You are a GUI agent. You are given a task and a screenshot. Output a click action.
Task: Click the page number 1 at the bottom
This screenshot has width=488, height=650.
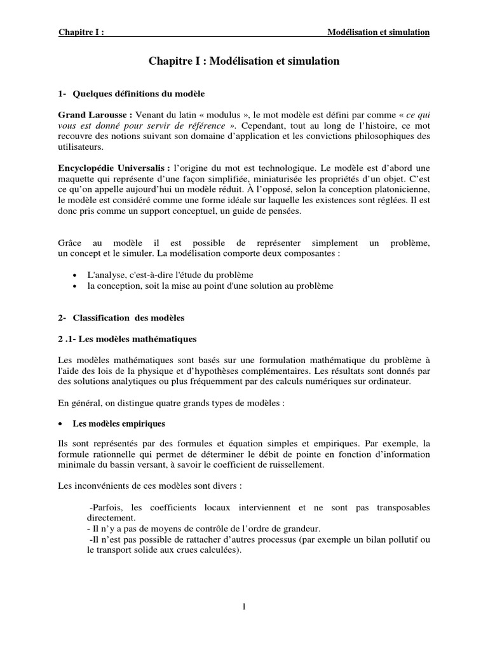point(243,607)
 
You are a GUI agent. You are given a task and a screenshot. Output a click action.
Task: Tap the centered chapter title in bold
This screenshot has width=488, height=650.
point(244,62)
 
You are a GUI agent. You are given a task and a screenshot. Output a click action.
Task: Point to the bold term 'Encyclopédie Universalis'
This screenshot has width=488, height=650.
point(113,168)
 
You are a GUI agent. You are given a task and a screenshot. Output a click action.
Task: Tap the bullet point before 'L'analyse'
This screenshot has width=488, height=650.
point(75,275)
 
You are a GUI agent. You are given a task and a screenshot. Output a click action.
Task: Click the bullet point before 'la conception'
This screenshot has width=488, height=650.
point(75,286)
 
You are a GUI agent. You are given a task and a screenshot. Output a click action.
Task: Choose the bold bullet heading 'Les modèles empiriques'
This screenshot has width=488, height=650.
point(120,423)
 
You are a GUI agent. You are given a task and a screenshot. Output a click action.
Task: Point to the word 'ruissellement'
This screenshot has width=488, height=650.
point(295,465)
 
